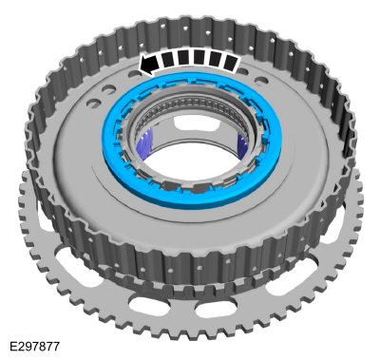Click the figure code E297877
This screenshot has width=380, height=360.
tap(35, 346)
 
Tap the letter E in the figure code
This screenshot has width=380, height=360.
tap(13, 346)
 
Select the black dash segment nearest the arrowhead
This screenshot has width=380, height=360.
tap(168, 61)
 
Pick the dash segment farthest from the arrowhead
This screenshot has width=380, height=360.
tap(231, 63)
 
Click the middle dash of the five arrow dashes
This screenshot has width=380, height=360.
tap(200, 59)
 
